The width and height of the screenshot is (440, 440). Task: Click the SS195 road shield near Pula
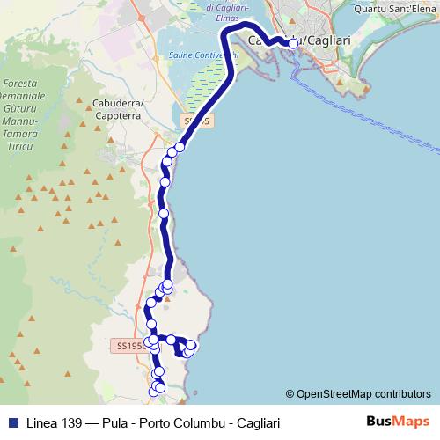131,347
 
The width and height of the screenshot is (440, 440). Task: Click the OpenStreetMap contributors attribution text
363,393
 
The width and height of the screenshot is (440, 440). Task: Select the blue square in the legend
15,421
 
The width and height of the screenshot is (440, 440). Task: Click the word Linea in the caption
45,421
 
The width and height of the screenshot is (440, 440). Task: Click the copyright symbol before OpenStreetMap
290,393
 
